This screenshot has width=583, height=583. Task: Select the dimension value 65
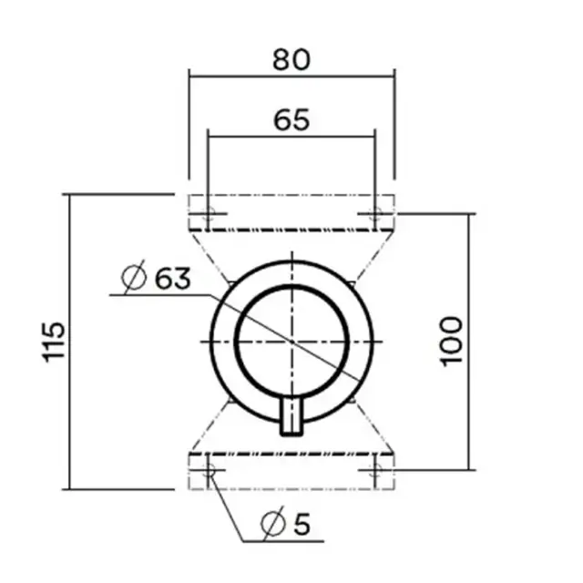point(291,118)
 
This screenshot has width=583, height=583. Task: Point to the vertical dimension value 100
point(453,341)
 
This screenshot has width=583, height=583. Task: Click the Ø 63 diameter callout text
point(156,278)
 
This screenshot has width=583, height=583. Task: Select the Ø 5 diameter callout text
point(284,524)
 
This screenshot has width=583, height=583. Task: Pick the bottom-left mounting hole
point(208,470)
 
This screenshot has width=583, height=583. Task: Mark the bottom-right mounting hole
point(374,470)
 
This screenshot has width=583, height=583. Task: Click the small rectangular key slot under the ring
point(291,416)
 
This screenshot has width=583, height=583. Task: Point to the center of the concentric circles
point(291,341)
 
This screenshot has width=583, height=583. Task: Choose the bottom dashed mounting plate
point(291,470)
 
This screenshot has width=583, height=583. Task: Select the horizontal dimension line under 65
point(291,137)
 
